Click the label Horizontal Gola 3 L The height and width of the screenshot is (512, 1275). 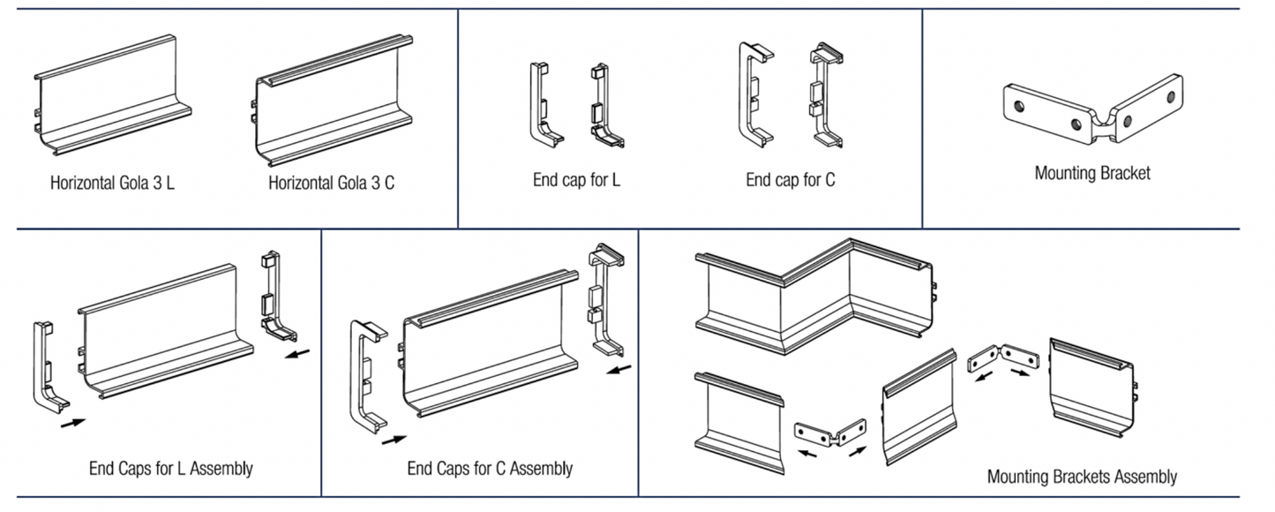point(112,184)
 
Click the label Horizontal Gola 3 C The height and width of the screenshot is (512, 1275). point(331,184)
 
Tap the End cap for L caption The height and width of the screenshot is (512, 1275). point(576,180)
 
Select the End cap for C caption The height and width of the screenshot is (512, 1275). point(790,180)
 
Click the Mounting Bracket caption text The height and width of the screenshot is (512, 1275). point(1092,173)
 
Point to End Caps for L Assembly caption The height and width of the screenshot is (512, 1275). point(170,468)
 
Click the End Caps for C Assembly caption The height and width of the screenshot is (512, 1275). point(490,468)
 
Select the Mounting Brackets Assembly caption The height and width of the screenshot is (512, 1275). point(1082,477)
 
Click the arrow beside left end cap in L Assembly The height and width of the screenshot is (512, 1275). point(73,423)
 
